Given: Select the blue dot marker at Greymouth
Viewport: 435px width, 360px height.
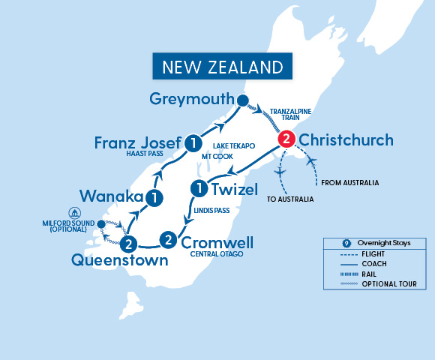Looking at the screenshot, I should (x=241, y=101).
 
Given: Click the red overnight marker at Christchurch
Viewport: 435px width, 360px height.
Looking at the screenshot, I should (x=286, y=139).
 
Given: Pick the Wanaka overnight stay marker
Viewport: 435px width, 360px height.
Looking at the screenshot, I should (x=154, y=198).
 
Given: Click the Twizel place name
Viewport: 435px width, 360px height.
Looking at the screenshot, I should (x=235, y=188).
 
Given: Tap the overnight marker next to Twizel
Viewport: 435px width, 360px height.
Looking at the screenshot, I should (x=199, y=187).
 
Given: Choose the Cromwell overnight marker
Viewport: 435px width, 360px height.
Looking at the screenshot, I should (x=169, y=240).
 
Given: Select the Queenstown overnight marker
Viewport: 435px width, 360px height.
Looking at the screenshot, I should (x=129, y=243).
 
